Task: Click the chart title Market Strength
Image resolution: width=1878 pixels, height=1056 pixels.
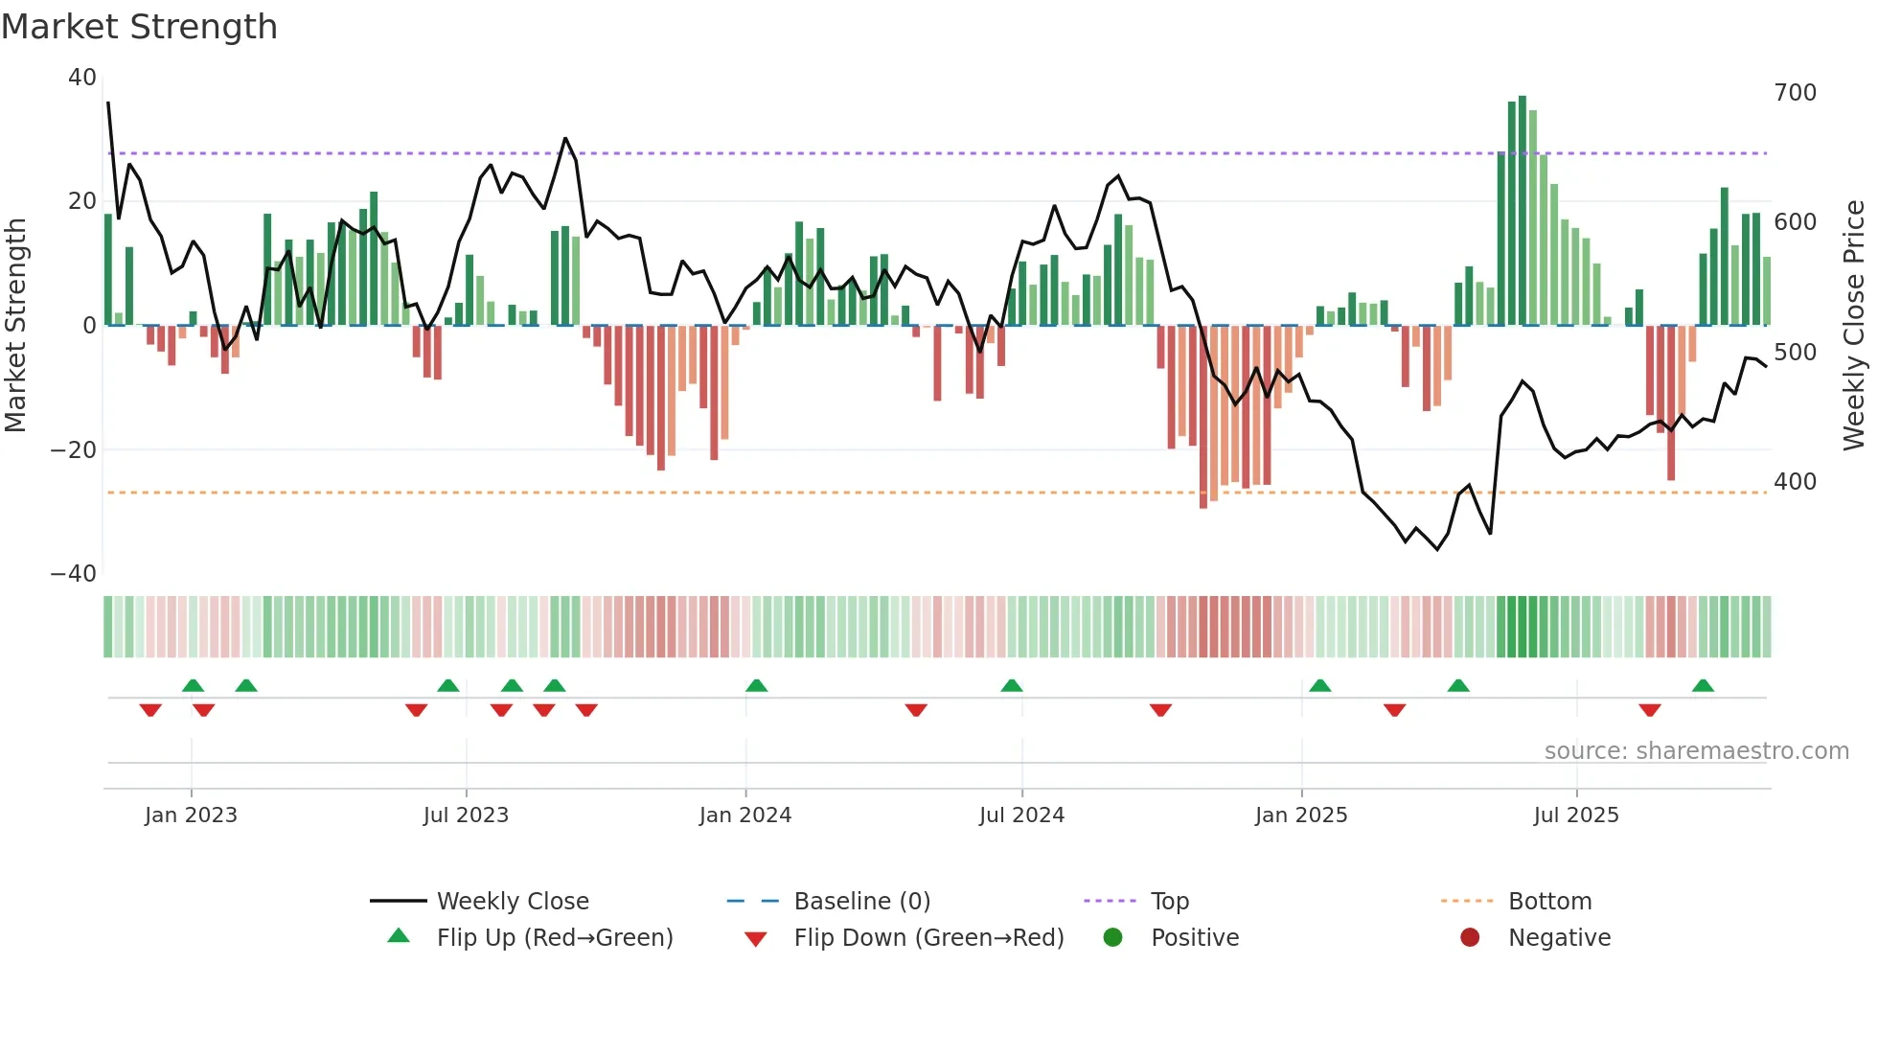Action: (139, 27)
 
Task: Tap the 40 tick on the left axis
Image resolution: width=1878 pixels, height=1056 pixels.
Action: (82, 78)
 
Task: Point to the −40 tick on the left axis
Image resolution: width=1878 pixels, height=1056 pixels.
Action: (74, 574)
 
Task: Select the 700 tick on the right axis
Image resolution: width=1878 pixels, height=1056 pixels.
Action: (1795, 93)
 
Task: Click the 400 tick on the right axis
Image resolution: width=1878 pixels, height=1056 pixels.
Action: (1795, 482)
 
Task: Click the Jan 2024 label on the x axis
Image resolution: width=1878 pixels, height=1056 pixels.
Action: (744, 815)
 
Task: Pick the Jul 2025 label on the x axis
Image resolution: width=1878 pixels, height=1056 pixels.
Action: (1575, 815)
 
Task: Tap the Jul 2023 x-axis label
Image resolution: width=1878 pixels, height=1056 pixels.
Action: (466, 815)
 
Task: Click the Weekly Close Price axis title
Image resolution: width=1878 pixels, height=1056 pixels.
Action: (1854, 326)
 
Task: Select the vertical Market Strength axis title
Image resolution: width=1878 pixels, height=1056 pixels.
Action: (15, 326)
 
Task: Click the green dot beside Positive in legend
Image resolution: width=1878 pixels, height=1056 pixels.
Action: (1112, 937)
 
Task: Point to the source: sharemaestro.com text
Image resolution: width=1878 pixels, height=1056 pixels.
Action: (1696, 751)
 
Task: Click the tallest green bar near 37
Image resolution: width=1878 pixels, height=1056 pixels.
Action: (1522, 211)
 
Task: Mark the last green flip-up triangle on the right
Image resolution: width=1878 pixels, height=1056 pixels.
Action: (1703, 685)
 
